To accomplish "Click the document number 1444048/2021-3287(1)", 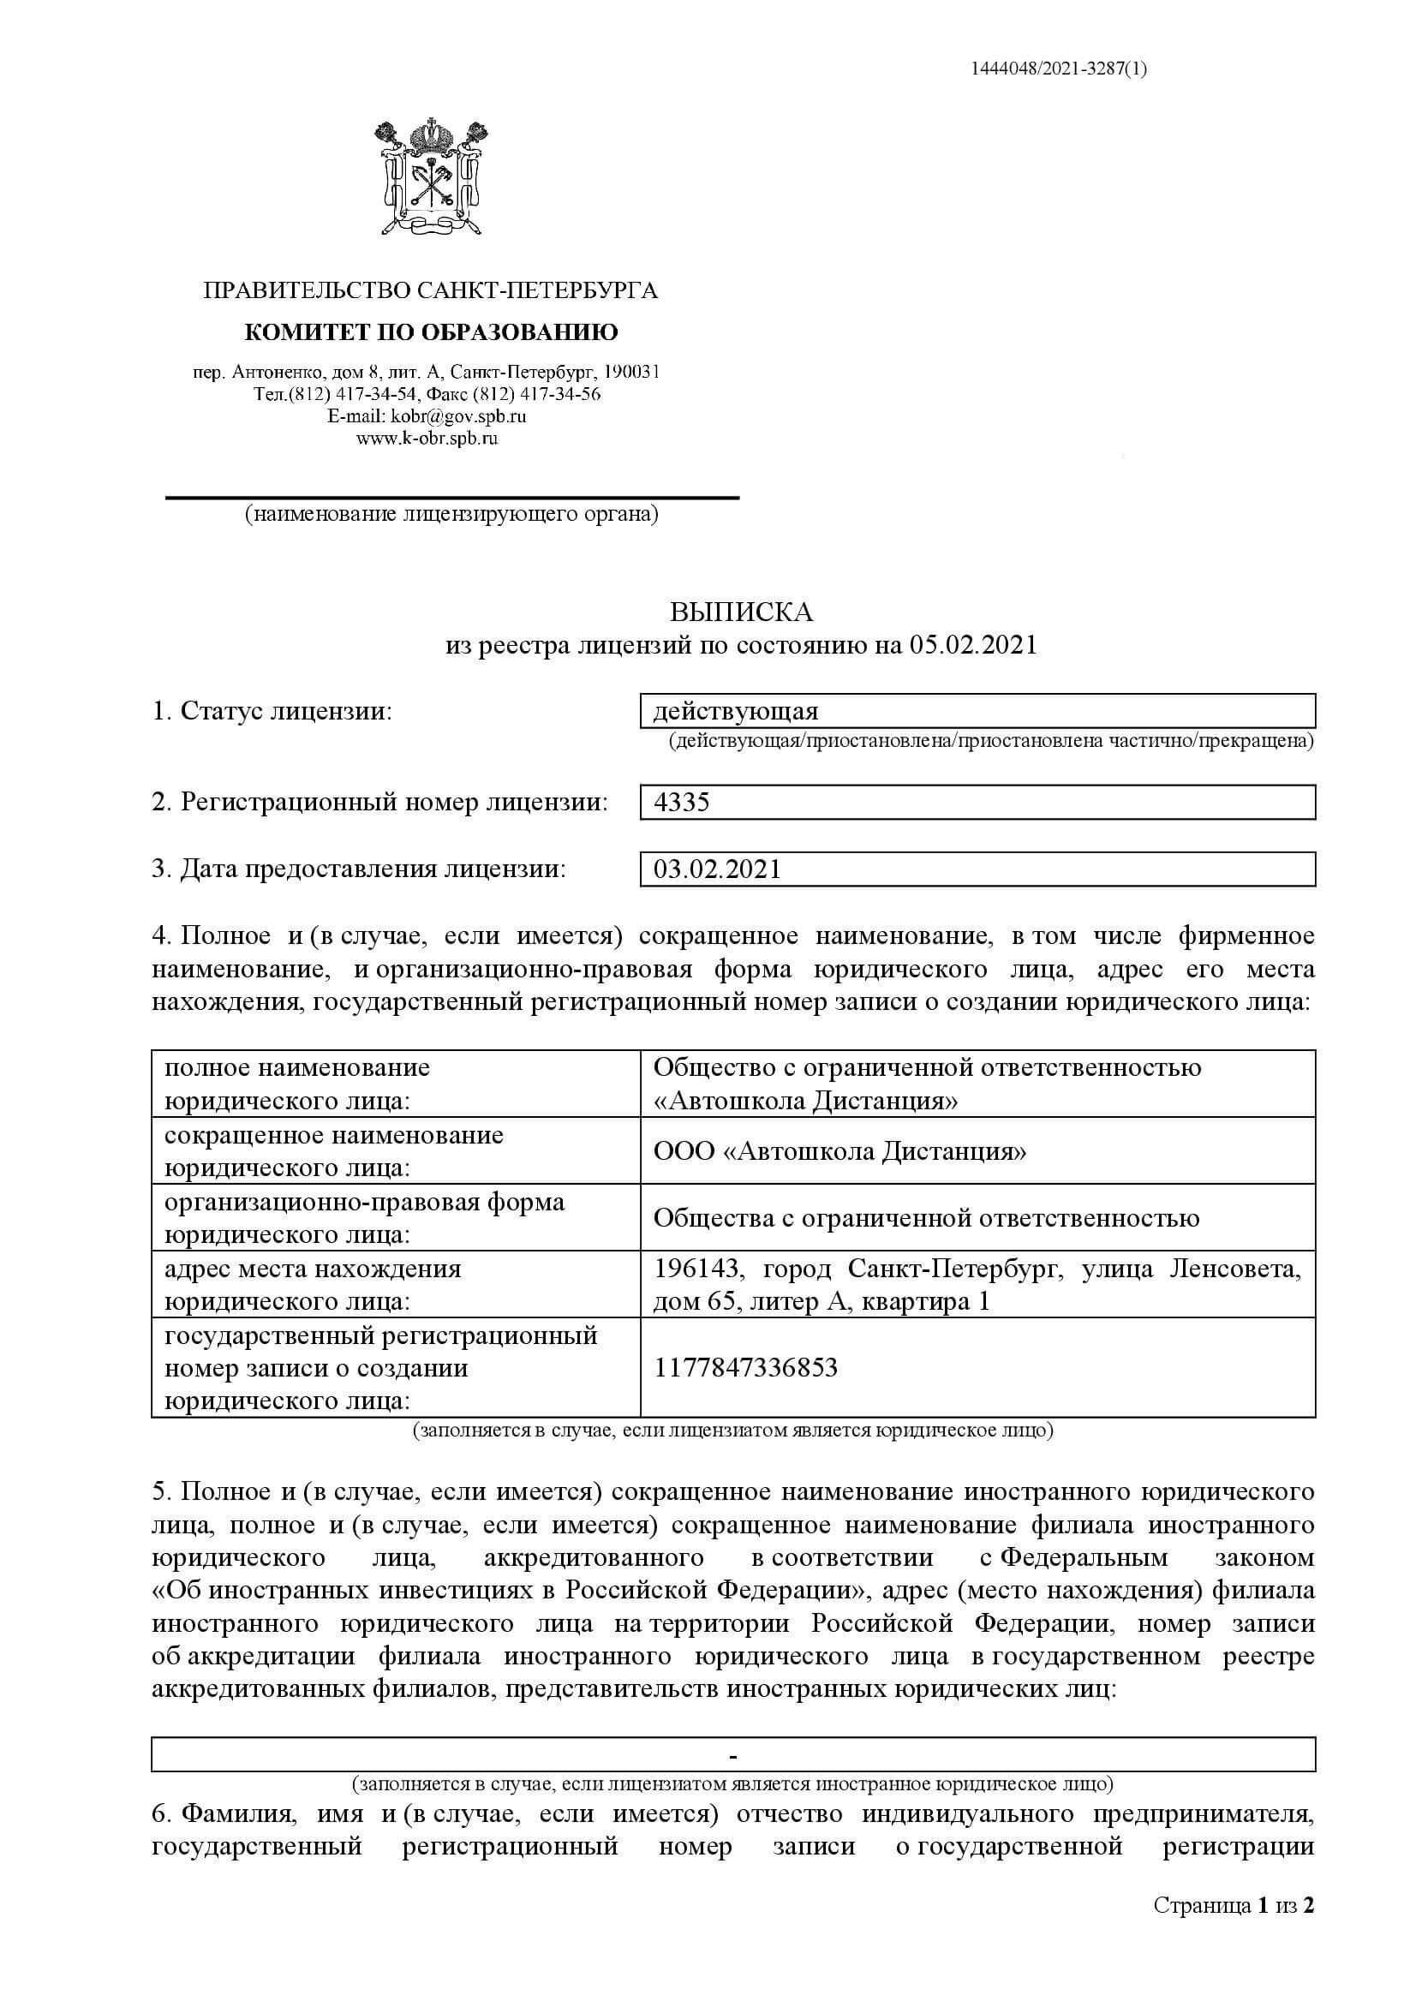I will coord(1059,69).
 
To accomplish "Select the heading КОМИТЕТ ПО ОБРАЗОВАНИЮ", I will coord(431,332).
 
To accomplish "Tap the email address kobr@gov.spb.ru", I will coord(458,417).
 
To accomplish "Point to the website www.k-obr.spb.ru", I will coord(427,439).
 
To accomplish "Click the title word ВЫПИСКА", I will coord(741,612).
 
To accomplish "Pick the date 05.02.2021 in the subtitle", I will coord(974,645).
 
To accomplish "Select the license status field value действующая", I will coord(736,712).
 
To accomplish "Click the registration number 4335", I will coord(682,802).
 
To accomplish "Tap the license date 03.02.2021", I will coord(718,869).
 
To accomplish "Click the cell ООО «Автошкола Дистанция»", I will coord(839,1152).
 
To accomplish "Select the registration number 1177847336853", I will coord(745,1367).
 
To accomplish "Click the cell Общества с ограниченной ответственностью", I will coord(926,1218).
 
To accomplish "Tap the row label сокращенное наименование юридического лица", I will coord(334,1152).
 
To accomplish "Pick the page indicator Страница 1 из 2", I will coord(1233,1930).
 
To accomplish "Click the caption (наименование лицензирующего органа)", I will coord(451,515).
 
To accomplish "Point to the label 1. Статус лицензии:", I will coord(272,712).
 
